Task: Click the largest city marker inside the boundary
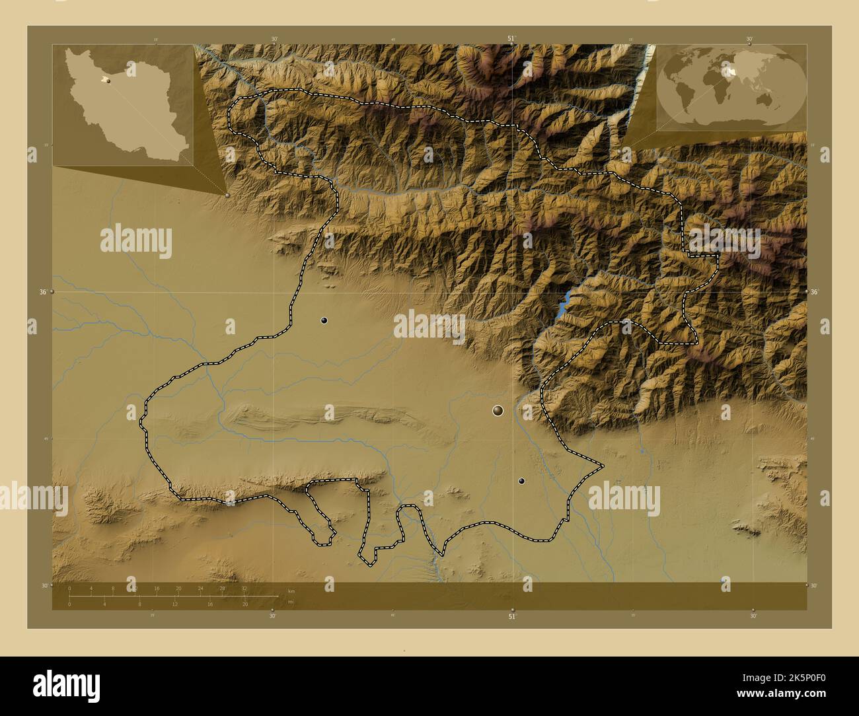[x=498, y=411]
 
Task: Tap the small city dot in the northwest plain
[x=324, y=320]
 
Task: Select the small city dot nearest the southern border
[x=521, y=482]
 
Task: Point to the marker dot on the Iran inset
[x=107, y=81]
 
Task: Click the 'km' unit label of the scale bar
[x=291, y=591]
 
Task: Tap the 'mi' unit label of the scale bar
[x=291, y=602]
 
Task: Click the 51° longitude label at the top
[x=511, y=39]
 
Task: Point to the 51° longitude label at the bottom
[x=511, y=617]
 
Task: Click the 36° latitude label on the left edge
[x=42, y=291]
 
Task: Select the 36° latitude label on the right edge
[x=815, y=291]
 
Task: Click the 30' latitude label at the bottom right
[x=813, y=585]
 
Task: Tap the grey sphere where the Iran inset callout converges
[x=227, y=195]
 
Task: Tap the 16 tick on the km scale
[x=157, y=588]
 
